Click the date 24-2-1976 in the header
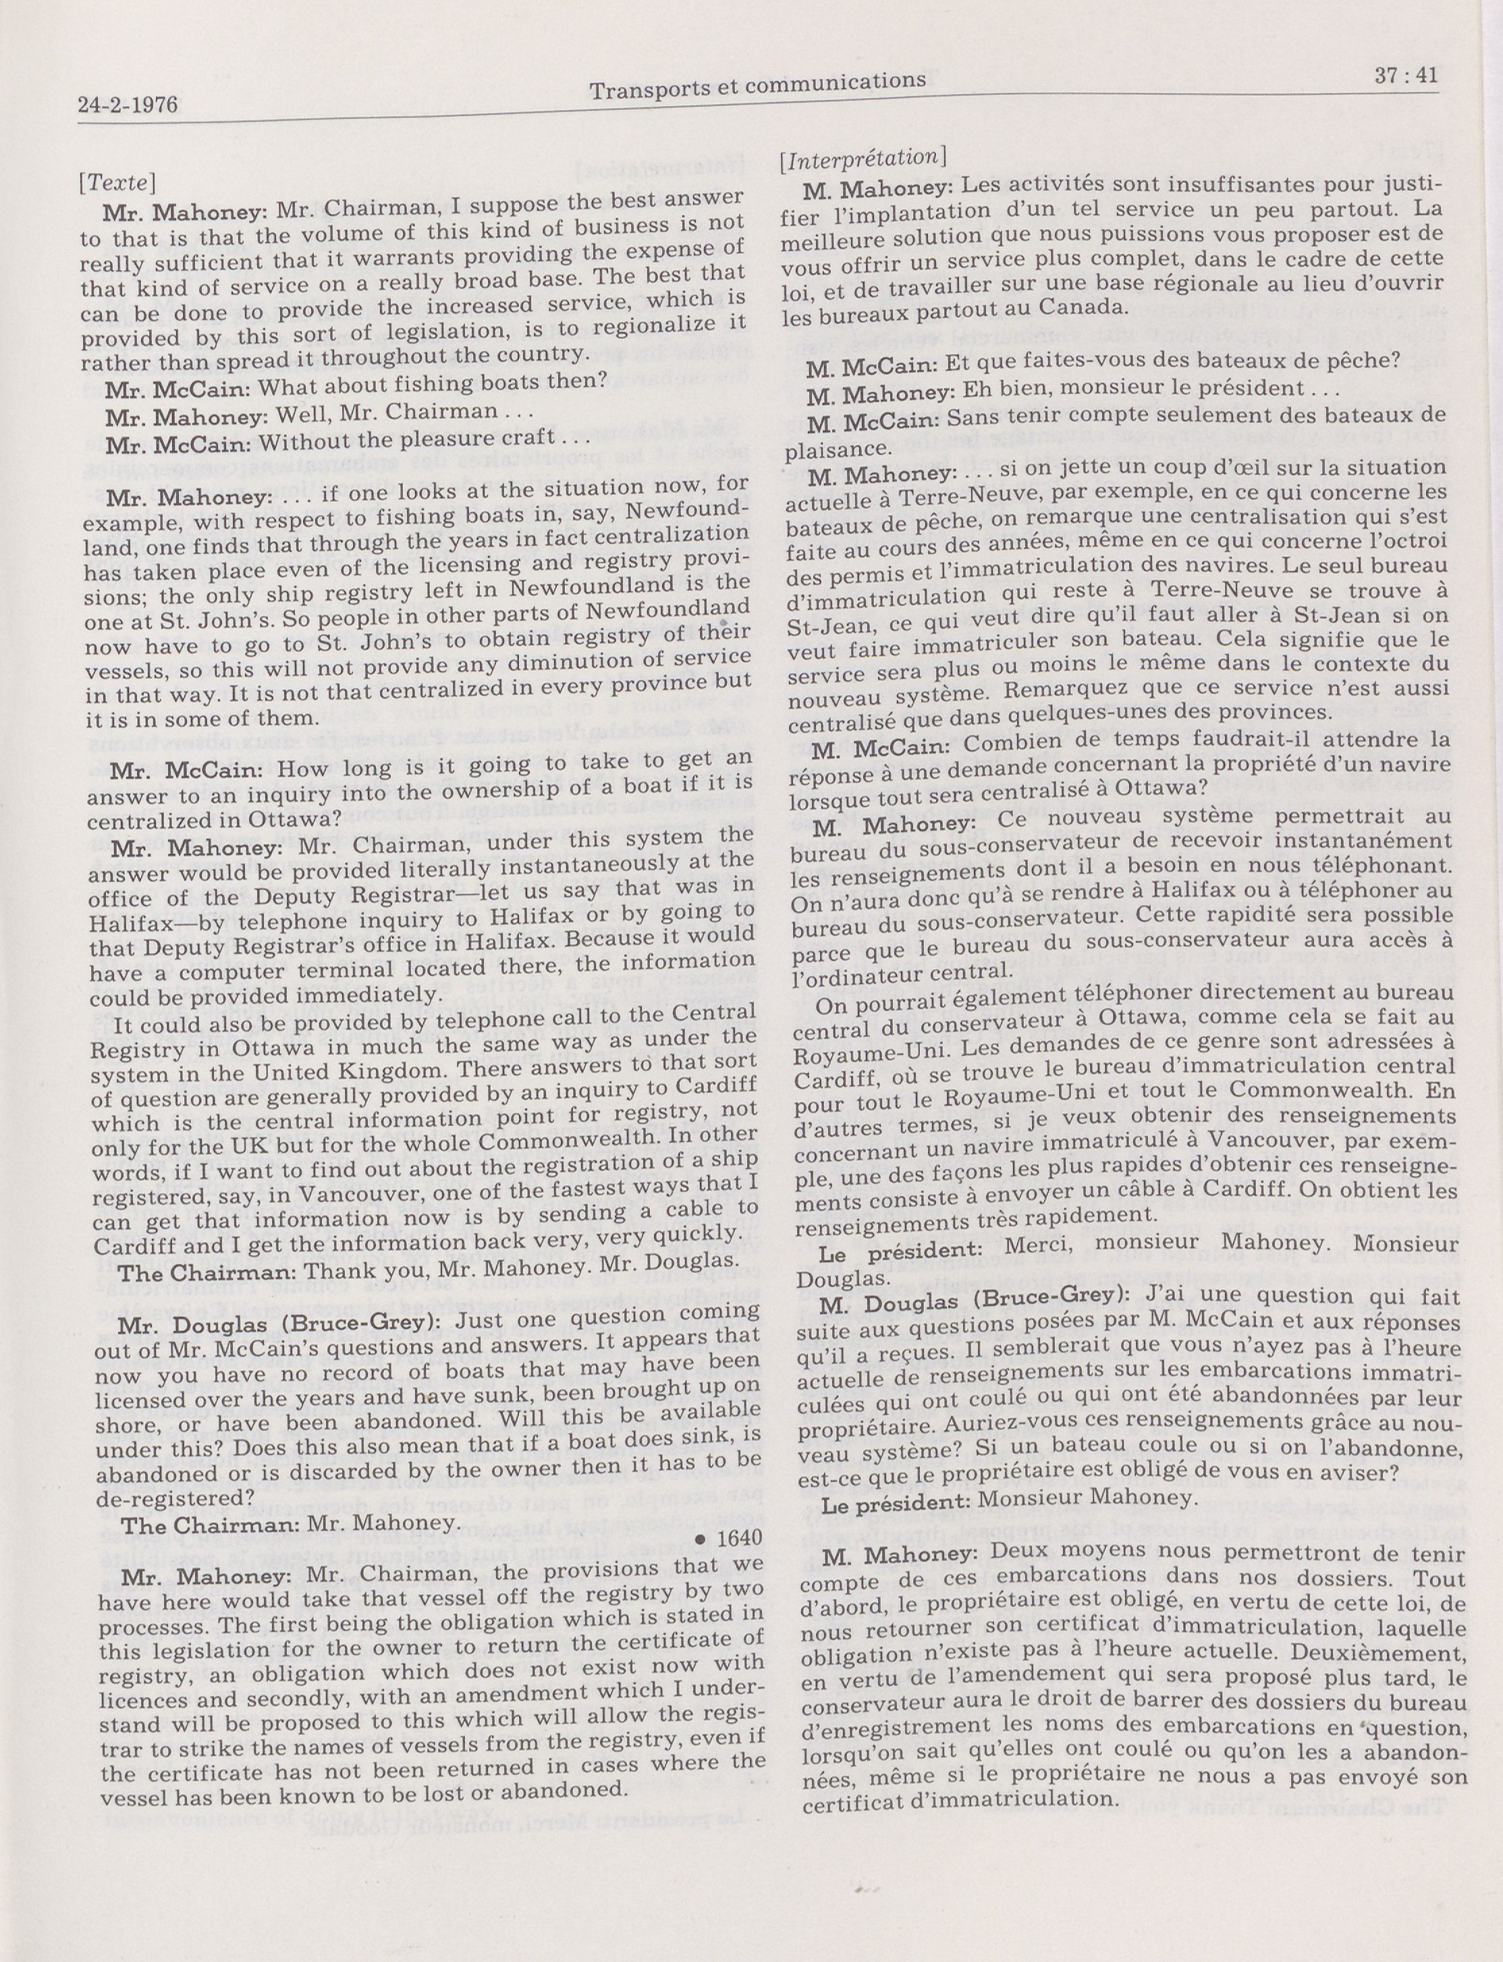(128, 105)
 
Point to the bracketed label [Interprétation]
(862, 157)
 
